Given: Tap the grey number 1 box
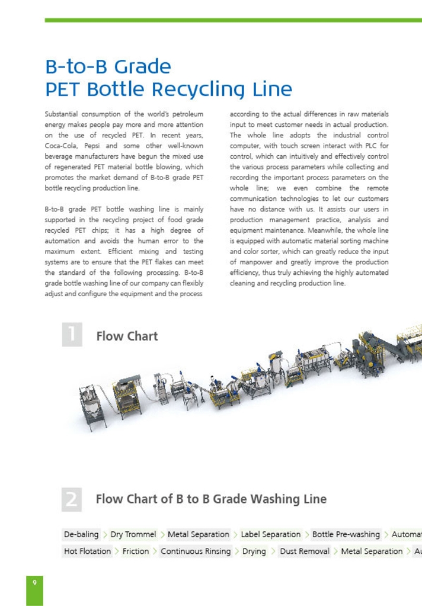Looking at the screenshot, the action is click(x=72, y=334).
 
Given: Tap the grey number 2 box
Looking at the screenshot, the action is click(x=72, y=499).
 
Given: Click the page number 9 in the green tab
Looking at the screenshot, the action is click(x=34, y=582).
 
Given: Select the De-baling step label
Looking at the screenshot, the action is click(x=81, y=534).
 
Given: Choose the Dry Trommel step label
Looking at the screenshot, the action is click(x=133, y=534).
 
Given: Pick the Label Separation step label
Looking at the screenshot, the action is click(x=270, y=534).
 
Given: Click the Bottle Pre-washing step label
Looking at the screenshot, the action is click(x=346, y=534).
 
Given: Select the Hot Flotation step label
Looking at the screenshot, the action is click(x=87, y=551).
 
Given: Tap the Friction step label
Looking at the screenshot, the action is click(x=135, y=551).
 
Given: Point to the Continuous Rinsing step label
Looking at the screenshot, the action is click(x=196, y=551).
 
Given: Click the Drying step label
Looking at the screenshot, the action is click(x=254, y=551).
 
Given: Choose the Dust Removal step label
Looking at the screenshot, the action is click(x=305, y=551).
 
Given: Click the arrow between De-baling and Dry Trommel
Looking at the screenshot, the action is click(x=105, y=535).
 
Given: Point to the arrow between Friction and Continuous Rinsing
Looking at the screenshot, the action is click(x=155, y=552).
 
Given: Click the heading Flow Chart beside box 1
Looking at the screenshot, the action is click(x=127, y=336).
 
